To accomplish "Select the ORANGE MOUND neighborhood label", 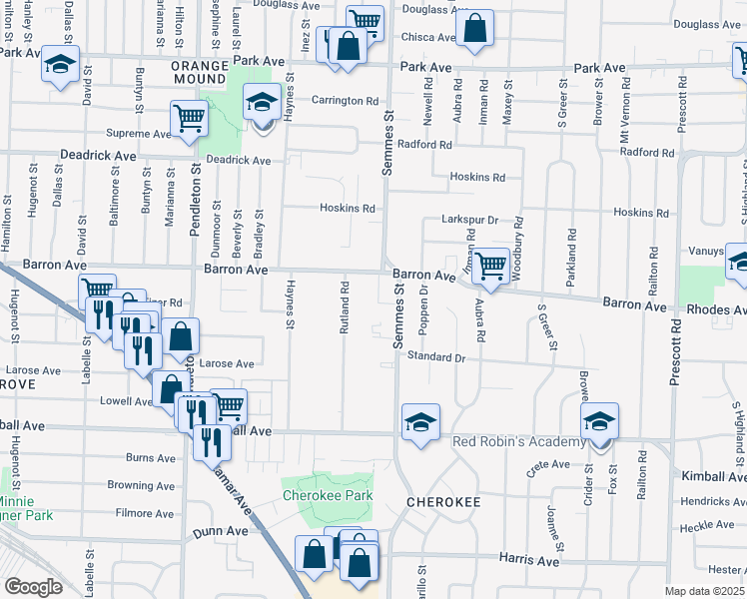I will (x=201, y=73).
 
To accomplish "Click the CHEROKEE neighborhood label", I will (x=443, y=501).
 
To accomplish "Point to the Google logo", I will (x=33, y=587).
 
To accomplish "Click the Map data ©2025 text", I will (x=704, y=591).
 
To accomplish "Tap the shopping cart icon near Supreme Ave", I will (x=189, y=119).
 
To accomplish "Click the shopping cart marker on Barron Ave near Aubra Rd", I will (x=490, y=267).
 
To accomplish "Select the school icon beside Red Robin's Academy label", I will (x=421, y=422).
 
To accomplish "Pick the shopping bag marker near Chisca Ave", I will (x=475, y=31).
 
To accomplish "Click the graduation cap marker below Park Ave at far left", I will (x=60, y=66).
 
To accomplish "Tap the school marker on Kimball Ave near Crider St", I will (x=600, y=422).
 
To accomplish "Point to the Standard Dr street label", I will (x=436, y=356).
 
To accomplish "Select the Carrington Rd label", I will (x=345, y=101).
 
